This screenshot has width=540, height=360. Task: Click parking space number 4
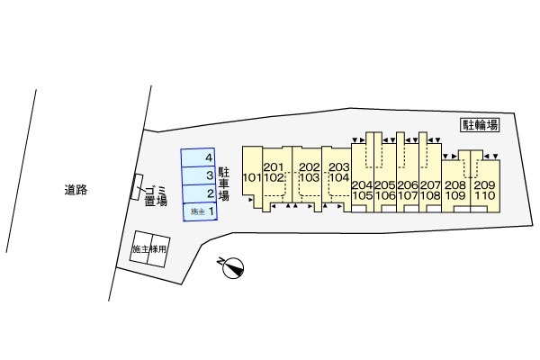(x=198, y=157)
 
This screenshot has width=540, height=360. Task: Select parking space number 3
(x=199, y=175)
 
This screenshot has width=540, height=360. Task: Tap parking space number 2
(x=200, y=194)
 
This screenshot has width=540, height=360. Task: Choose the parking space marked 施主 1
(x=200, y=211)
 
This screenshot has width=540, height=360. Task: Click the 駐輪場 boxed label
(x=480, y=125)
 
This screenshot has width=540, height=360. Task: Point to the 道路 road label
(x=76, y=190)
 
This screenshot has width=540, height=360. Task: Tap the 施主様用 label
(x=149, y=249)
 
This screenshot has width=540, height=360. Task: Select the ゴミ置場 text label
(x=156, y=195)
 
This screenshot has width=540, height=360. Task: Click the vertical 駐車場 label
(x=223, y=184)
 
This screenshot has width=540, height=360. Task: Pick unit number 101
(x=252, y=178)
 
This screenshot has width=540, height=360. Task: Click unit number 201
(x=274, y=167)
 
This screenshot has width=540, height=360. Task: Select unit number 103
(x=310, y=178)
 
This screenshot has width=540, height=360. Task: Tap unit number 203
(x=339, y=167)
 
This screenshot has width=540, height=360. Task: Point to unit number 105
(x=363, y=195)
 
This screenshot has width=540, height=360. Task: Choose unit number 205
(x=385, y=185)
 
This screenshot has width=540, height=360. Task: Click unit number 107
(x=408, y=195)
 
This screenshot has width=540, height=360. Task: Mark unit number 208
(x=455, y=185)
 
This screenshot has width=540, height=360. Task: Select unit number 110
(x=484, y=195)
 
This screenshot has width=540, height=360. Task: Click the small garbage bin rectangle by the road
(x=137, y=186)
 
